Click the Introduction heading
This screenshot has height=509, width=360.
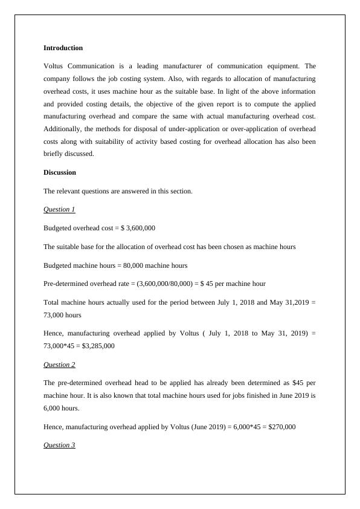tap(63, 48)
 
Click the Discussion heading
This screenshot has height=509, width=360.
tap(59, 172)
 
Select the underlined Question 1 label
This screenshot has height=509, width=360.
tap(59, 209)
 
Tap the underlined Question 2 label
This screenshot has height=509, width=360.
tap(59, 365)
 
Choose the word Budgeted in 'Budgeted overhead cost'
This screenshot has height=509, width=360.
tap(59, 228)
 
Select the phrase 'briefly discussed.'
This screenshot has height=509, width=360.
tap(69, 154)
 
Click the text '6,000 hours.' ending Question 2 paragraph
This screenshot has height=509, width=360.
tap(62, 408)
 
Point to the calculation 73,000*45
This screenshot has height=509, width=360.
tap(62, 346)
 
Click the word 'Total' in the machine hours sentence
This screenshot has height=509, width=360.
tap(53, 302)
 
